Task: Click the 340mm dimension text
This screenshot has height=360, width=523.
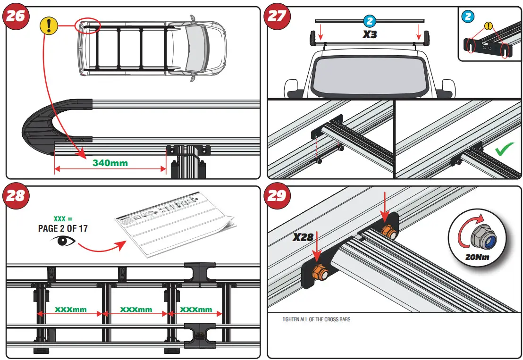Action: (x=110, y=163)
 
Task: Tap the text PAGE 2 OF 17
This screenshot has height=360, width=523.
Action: (x=62, y=228)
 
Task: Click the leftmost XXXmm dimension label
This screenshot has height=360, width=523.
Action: (x=71, y=310)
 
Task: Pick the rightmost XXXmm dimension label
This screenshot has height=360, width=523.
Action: (x=196, y=310)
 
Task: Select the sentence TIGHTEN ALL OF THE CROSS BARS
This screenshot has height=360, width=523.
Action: (x=316, y=319)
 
